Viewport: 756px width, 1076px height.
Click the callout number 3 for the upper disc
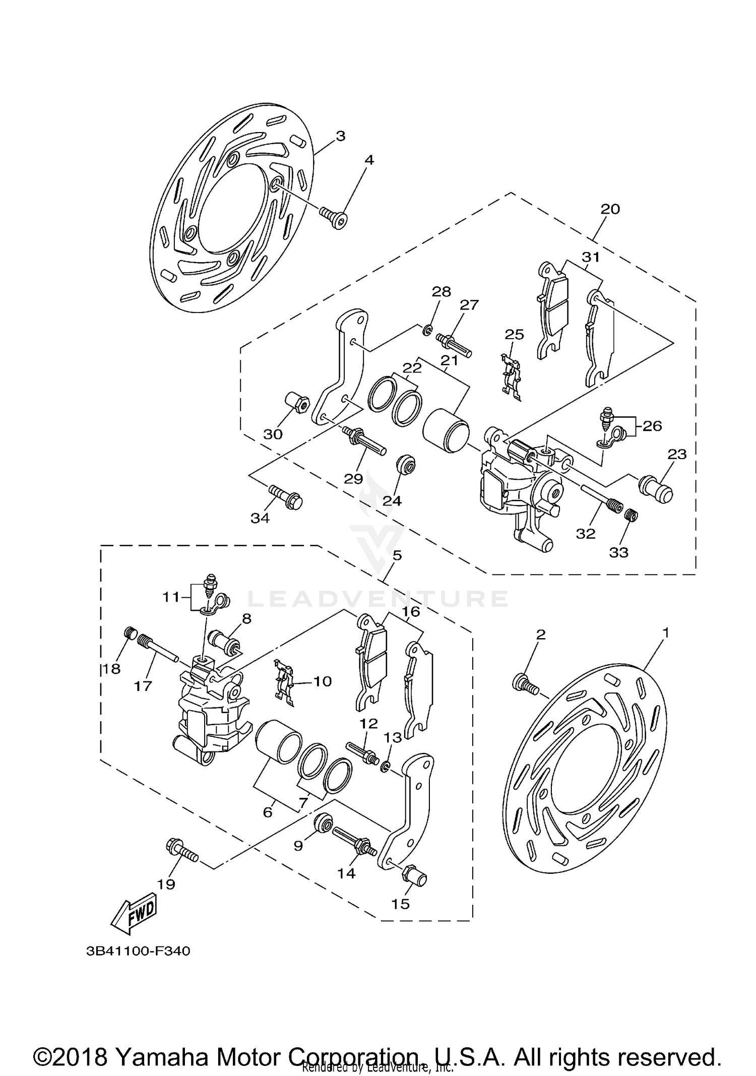tap(341, 136)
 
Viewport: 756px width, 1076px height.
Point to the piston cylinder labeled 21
tap(446, 432)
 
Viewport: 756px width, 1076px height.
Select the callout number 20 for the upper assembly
tap(610, 209)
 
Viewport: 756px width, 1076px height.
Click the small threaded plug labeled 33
tap(631, 515)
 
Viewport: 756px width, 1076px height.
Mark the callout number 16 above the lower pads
tap(411, 612)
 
